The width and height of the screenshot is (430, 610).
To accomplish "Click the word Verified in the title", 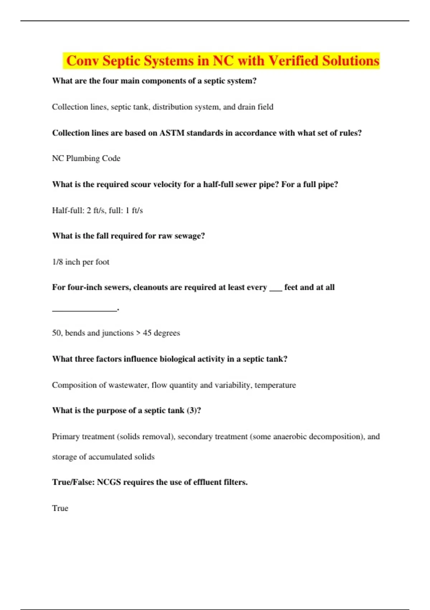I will click(293, 61).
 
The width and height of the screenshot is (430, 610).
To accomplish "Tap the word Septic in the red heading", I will click(121, 61).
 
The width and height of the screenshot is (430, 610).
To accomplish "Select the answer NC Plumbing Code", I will click(86, 158).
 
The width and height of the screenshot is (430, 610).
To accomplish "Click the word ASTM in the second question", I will click(172, 133).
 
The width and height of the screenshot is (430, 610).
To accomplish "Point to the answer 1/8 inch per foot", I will click(81, 262).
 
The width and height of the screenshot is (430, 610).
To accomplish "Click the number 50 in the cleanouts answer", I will click(57, 333).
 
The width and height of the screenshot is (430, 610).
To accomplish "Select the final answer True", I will click(60, 508).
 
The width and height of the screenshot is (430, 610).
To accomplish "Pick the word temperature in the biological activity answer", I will click(275, 385).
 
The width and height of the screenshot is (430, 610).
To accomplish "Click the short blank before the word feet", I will click(276, 289).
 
